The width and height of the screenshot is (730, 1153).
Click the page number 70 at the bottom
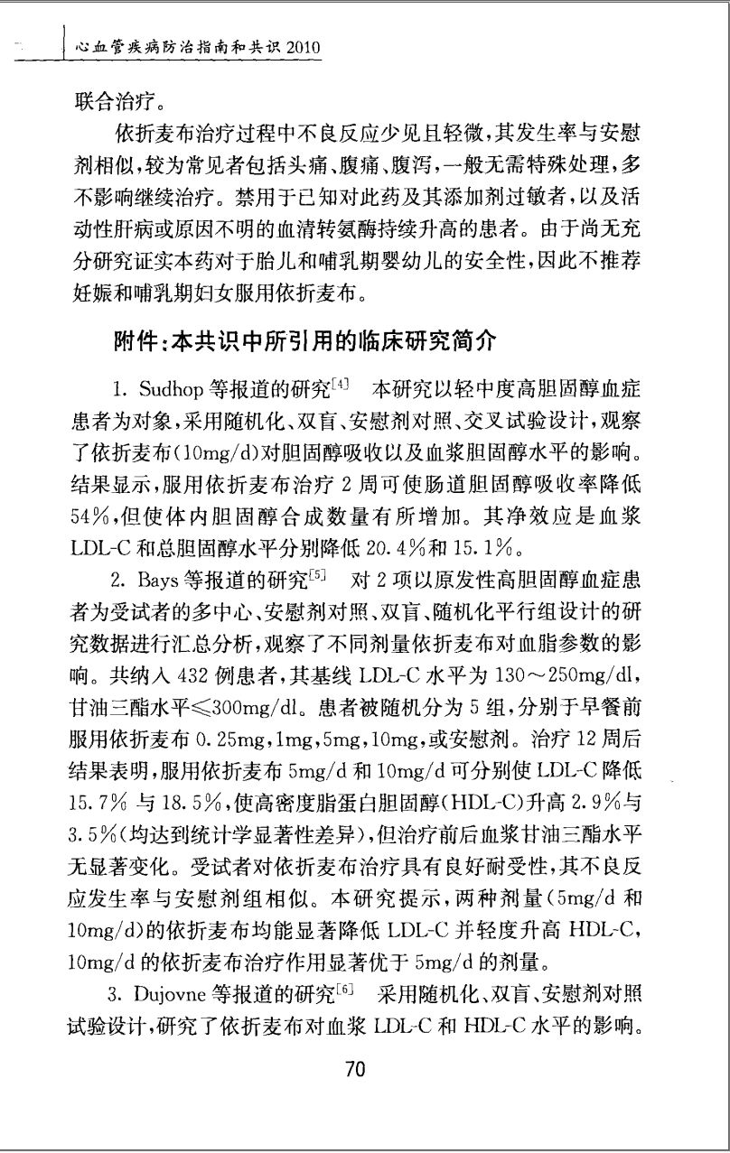pyautogui.click(x=354, y=1070)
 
